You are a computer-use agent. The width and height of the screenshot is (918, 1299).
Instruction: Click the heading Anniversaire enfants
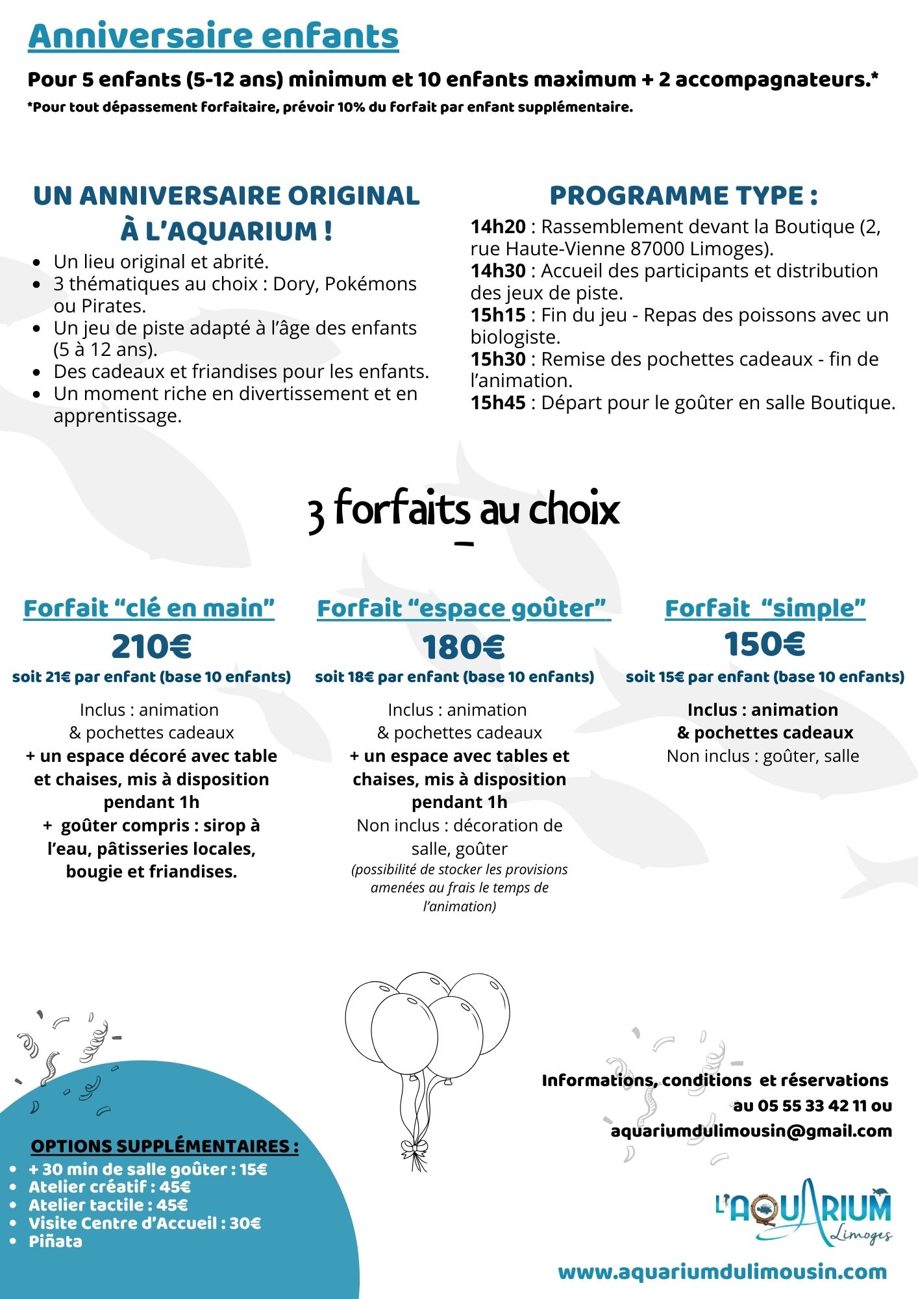[x=213, y=36]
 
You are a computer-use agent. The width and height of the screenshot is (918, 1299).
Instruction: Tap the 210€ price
[x=151, y=646]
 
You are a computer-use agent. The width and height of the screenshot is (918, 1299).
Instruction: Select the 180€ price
[x=463, y=647]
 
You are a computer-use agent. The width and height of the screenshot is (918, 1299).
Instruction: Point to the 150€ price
[x=764, y=644]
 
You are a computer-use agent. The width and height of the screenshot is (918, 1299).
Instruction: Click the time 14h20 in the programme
[x=498, y=227]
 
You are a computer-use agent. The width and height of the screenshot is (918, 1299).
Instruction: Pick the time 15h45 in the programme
[x=498, y=403]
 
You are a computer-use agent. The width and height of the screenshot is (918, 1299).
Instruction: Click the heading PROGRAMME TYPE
[x=683, y=195]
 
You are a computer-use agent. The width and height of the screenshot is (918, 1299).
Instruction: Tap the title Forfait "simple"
[x=765, y=609]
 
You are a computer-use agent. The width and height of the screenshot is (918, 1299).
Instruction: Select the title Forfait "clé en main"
[x=149, y=609]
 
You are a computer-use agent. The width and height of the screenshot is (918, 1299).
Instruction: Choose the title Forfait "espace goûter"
[x=462, y=609]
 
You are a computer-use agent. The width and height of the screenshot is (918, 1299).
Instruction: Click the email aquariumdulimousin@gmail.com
[x=751, y=1131]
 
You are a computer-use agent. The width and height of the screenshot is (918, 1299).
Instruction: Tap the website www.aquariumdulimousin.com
[x=722, y=1271]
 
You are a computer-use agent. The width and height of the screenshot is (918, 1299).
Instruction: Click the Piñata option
[x=56, y=1241]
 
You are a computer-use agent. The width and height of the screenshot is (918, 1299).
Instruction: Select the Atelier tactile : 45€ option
[x=108, y=1205]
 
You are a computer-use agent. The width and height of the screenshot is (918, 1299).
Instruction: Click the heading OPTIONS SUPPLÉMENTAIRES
[x=165, y=1146]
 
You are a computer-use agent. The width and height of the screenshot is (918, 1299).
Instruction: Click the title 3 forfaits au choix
[x=464, y=510]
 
